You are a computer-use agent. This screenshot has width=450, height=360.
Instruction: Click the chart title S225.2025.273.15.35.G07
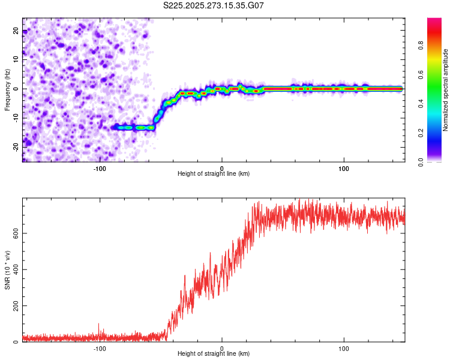(214, 5)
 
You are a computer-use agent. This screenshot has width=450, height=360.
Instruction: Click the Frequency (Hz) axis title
(7, 89)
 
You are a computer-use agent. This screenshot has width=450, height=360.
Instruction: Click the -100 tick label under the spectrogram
(100, 167)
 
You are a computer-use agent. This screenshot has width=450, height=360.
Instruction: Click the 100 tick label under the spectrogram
(344, 167)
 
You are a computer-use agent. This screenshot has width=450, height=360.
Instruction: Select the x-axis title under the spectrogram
(214, 173)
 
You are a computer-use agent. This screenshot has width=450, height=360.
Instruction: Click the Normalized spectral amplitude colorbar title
(446, 90)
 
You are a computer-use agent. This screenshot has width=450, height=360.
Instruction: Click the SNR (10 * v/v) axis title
(7, 270)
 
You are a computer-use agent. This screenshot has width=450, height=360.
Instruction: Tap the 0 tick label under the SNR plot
(222, 348)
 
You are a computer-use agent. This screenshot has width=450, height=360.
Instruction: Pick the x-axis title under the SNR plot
(214, 354)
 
